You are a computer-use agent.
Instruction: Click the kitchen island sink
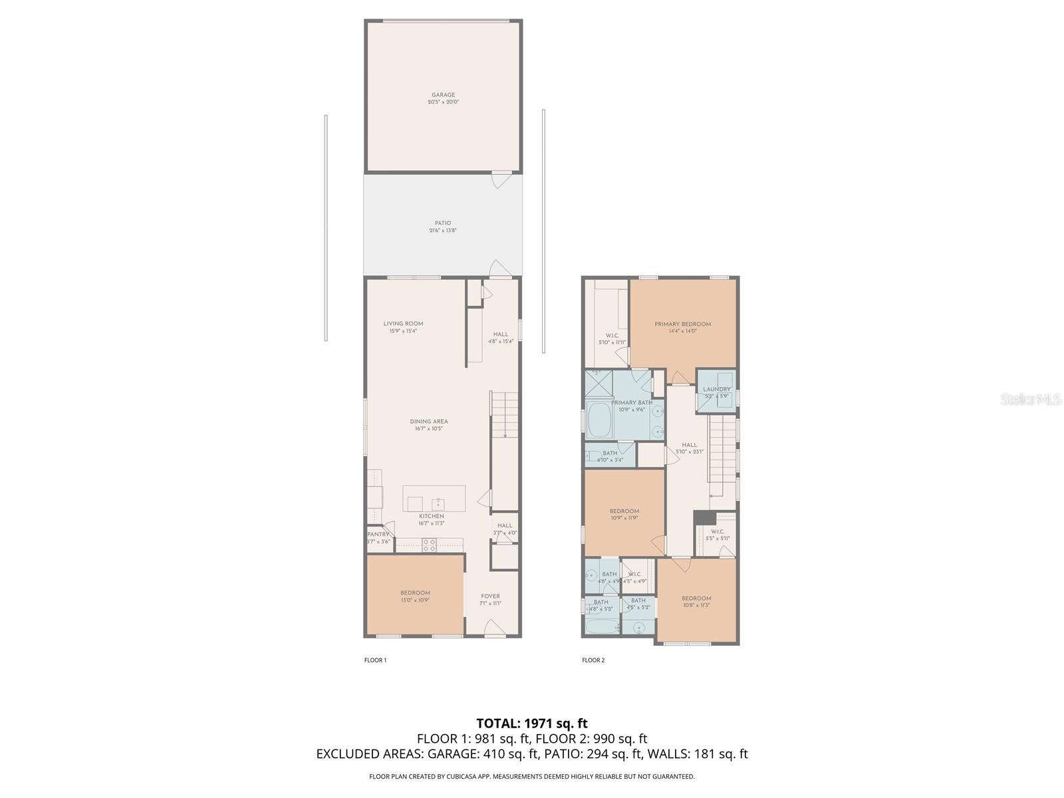[x=438, y=503]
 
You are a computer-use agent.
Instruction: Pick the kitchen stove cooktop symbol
[x=430, y=545]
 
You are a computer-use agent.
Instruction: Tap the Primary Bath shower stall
[x=598, y=384]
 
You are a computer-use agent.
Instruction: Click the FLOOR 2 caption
[x=593, y=660]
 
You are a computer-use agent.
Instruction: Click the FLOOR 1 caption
[x=375, y=660]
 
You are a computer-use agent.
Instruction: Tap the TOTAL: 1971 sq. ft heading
[x=532, y=723]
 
